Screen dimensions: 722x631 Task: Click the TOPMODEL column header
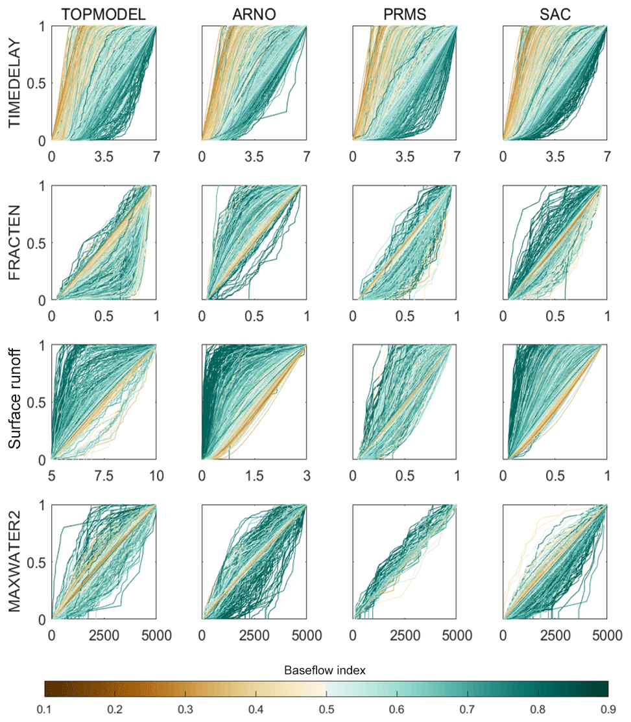point(104,14)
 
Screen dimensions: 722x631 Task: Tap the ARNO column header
point(254,14)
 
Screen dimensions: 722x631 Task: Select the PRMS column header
point(405,14)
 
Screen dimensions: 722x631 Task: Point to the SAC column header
point(555,14)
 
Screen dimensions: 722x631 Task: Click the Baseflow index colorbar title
point(326,671)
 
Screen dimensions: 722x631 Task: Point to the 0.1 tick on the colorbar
point(44,710)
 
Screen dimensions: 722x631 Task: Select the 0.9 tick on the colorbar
point(608,710)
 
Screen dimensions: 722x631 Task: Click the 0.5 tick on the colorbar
point(326,710)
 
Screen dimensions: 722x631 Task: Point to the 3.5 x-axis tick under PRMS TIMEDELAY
point(405,156)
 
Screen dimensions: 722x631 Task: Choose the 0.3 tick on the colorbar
point(185,710)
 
